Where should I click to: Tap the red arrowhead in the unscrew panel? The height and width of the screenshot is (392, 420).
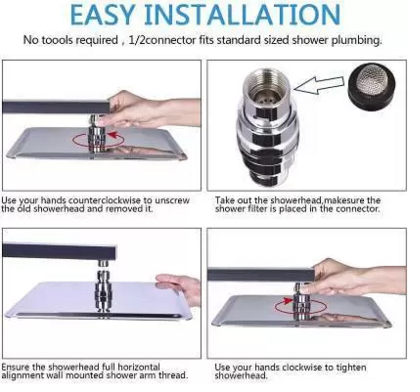pyautogui.click(x=113, y=135)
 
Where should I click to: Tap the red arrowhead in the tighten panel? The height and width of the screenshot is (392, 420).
pyautogui.click(x=287, y=301)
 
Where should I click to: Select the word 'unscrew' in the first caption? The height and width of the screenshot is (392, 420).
pyautogui.click(x=172, y=200)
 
